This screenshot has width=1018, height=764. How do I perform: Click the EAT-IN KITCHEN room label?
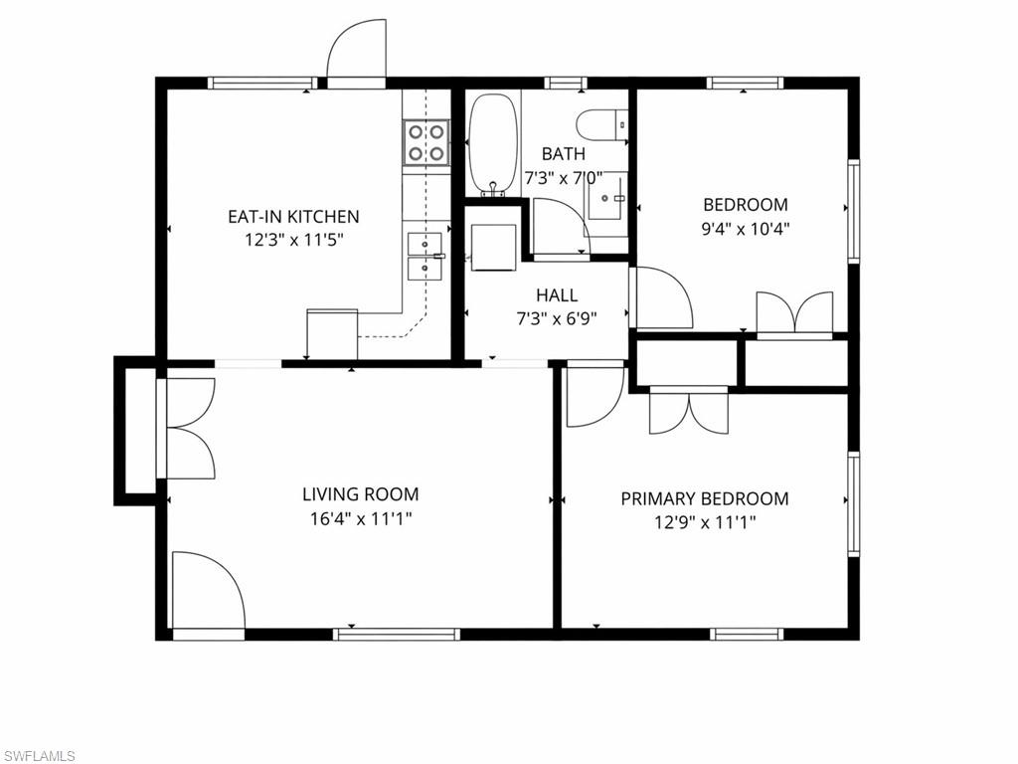(x=293, y=216)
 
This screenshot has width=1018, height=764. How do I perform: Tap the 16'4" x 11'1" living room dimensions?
(x=360, y=517)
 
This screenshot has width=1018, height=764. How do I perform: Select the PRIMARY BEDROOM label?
(x=704, y=498)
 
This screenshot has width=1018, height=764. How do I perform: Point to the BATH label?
(x=563, y=154)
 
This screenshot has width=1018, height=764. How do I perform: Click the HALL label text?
(x=556, y=295)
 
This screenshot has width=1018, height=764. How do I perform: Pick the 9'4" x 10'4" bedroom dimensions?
(x=745, y=228)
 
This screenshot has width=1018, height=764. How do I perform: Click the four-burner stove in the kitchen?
(x=425, y=141)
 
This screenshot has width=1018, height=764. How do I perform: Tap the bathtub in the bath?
(x=492, y=143)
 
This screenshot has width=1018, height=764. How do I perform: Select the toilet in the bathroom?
(x=600, y=124)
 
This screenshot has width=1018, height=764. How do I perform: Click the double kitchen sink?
(x=424, y=255)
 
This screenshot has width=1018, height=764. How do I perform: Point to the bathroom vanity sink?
(x=606, y=198)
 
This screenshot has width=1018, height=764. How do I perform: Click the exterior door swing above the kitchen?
(x=356, y=52)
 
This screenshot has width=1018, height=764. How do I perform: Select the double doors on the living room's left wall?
(x=189, y=430)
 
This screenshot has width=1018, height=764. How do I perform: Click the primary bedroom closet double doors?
(x=689, y=410)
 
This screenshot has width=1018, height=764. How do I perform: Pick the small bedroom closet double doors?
(x=794, y=312)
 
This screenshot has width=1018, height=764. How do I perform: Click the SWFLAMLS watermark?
(x=39, y=756)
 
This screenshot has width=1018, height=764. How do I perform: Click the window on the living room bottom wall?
(x=397, y=633)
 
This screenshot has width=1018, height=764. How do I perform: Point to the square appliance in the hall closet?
(x=492, y=246)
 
